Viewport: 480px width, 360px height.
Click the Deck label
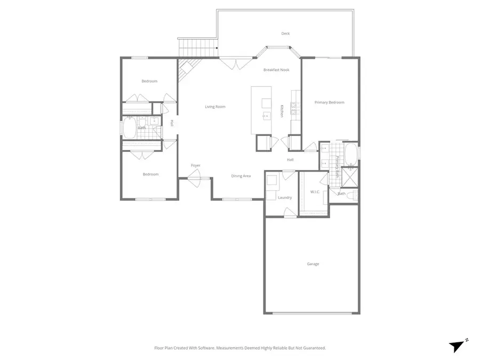click(285, 34)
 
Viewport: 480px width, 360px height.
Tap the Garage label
click(313, 263)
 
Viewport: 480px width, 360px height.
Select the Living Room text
click(215, 107)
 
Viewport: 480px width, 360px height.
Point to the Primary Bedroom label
click(329, 102)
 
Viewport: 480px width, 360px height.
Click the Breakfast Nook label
click(276, 70)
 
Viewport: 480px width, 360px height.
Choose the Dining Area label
click(241, 176)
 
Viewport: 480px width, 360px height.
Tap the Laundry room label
click(285, 197)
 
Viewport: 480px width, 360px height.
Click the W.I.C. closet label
click(314, 192)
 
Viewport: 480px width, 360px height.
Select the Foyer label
click(196, 166)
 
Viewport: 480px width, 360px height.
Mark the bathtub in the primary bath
click(350, 155)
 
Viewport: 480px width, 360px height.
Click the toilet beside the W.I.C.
click(350, 196)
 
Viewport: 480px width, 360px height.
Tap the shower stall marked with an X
click(350, 176)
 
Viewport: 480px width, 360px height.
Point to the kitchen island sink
click(265, 115)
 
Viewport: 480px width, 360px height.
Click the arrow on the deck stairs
click(217, 48)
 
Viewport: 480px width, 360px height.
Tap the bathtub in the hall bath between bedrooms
click(130, 128)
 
